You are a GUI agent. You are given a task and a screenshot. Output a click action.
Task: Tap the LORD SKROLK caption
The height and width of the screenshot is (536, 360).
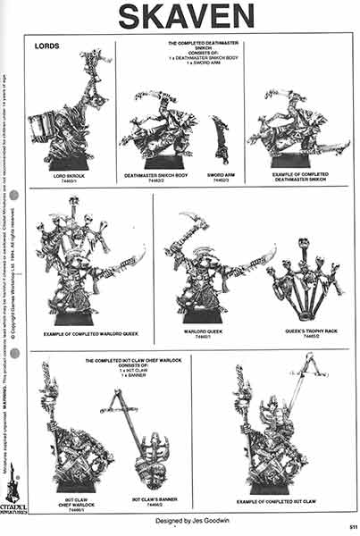[66, 177]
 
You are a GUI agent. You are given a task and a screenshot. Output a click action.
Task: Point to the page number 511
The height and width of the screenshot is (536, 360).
[353, 524]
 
